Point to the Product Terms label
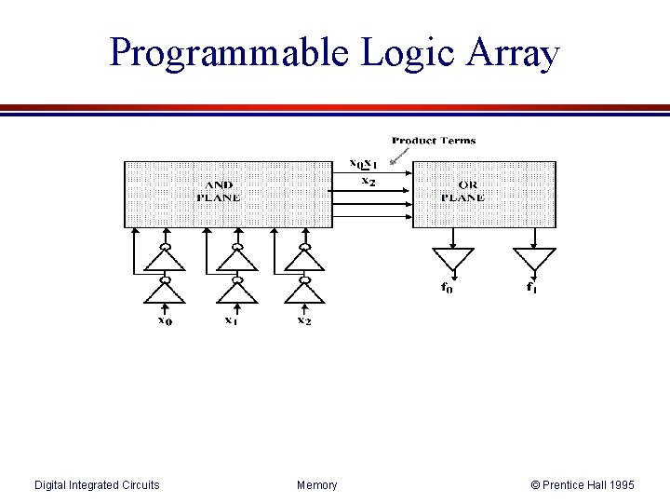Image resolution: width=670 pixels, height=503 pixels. (x=434, y=141)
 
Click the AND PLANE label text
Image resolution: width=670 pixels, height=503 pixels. (x=218, y=192)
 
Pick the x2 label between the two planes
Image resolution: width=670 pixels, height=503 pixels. (x=368, y=181)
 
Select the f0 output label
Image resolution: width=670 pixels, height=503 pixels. (x=448, y=287)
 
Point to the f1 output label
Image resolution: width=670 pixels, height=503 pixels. (x=531, y=287)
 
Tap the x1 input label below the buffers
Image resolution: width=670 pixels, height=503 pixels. (x=231, y=320)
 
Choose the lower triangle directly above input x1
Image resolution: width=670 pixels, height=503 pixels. (x=237, y=292)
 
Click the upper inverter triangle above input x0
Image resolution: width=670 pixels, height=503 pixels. (x=165, y=260)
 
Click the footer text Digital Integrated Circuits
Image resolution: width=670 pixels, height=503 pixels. (x=97, y=484)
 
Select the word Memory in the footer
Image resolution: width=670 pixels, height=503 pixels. (x=317, y=484)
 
